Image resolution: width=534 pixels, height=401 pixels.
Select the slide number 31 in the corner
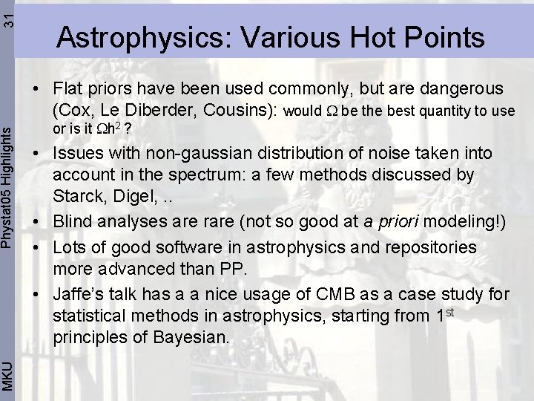click(x=8, y=14)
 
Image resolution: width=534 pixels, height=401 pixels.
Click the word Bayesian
click(x=189, y=338)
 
